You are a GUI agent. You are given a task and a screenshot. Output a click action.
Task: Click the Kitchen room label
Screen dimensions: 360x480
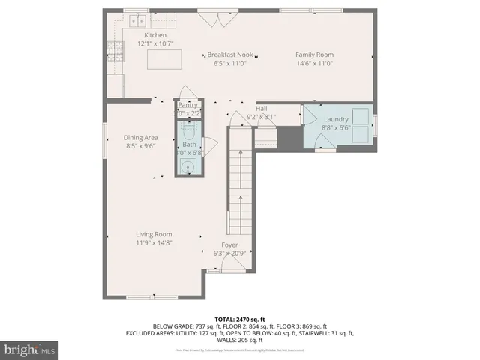(155, 35)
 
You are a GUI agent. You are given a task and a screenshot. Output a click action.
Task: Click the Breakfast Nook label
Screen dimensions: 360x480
(229, 55)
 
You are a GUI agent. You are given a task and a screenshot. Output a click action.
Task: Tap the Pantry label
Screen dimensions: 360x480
(187, 105)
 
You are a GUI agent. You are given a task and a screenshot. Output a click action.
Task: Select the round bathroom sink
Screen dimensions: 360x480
(185, 167)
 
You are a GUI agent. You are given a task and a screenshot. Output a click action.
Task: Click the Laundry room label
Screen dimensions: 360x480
(337, 120)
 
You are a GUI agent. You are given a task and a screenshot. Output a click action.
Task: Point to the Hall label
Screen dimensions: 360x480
(261, 108)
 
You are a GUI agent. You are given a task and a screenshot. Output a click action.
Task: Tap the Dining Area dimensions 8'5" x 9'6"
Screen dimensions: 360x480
(140, 147)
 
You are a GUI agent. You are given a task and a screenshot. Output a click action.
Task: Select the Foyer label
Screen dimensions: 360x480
(229, 244)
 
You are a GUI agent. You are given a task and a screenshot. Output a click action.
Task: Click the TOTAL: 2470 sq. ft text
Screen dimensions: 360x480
(239, 319)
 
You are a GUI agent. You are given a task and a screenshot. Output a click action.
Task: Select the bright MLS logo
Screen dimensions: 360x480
(29, 349)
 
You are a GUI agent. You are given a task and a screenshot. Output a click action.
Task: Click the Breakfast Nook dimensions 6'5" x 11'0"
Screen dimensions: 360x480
(229, 64)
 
